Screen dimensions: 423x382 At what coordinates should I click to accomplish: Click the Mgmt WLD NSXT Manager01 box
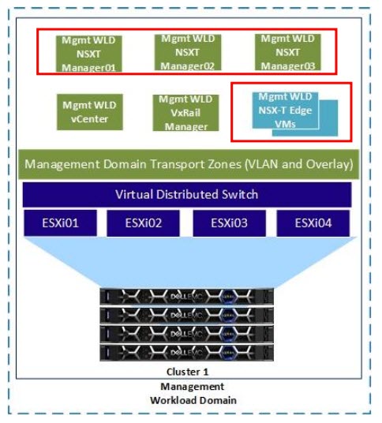88,53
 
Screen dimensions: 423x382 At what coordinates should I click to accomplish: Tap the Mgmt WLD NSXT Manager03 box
287,51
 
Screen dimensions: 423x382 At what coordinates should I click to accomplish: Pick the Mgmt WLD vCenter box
88,112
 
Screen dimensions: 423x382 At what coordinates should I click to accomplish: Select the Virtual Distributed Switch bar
188,194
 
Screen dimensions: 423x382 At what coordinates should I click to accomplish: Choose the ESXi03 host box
230,223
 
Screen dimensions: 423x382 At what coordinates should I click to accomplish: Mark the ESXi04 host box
314,223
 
